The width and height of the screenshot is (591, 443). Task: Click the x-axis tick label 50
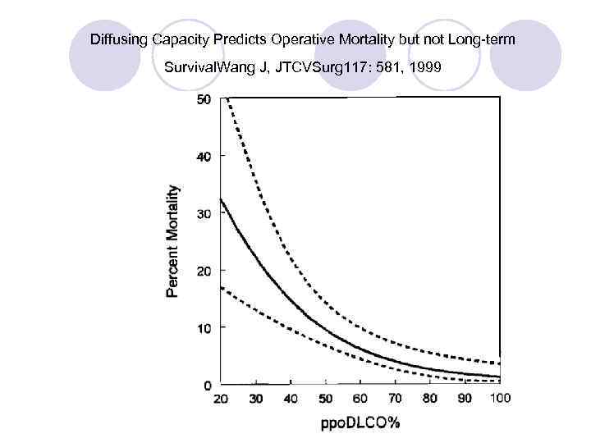tap(326, 399)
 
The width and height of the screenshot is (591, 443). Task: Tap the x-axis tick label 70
tap(395, 399)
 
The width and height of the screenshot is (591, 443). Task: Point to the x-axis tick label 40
tap(291, 399)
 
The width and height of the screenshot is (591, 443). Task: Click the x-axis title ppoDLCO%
tap(360, 424)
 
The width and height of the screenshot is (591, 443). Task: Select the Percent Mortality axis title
tap(173, 240)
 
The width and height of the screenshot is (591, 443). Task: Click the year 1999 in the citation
tap(425, 67)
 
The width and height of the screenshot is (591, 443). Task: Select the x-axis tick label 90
tap(465, 399)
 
